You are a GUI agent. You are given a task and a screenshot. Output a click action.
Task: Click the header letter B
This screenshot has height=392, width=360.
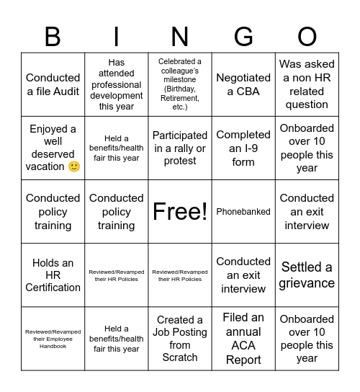click(53, 35)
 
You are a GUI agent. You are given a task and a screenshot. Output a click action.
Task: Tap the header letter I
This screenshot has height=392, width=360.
click(117, 35)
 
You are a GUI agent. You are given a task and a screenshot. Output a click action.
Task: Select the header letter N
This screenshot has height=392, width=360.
click(180, 35)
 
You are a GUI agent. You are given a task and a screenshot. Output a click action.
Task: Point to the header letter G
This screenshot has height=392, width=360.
click(243, 35)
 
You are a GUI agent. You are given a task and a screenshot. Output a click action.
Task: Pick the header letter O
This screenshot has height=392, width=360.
click(307, 35)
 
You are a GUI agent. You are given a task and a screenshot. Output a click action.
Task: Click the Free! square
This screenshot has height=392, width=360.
click(180, 211)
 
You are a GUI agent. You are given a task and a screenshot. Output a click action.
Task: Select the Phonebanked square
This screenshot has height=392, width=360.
click(243, 211)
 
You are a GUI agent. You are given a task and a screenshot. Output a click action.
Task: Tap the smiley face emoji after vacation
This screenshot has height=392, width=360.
click(73, 166)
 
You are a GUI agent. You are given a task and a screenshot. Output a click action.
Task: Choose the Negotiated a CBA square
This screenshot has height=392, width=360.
click(243, 84)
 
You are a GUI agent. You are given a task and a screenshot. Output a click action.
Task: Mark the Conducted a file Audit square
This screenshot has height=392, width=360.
click(53, 84)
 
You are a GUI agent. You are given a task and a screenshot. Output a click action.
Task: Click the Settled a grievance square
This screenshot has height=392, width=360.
click(307, 275)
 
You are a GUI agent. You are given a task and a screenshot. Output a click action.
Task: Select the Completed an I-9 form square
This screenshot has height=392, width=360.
click(243, 148)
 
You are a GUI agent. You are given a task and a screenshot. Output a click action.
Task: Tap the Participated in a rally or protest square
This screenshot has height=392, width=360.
click(180, 148)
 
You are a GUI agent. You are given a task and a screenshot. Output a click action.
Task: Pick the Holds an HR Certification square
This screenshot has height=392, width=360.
click(53, 275)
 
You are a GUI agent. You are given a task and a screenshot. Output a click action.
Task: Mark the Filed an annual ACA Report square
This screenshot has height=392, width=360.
click(243, 338)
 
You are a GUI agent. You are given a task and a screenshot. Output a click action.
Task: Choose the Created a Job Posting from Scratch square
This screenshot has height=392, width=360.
click(180, 338)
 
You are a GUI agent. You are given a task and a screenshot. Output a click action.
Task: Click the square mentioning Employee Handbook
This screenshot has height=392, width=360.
click(53, 338)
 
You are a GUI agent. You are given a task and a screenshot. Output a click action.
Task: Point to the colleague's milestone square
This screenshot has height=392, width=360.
click(180, 84)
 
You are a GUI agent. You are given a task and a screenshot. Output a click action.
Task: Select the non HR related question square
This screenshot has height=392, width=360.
click(307, 84)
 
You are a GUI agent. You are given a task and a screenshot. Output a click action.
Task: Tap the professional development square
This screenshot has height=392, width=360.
click(117, 84)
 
